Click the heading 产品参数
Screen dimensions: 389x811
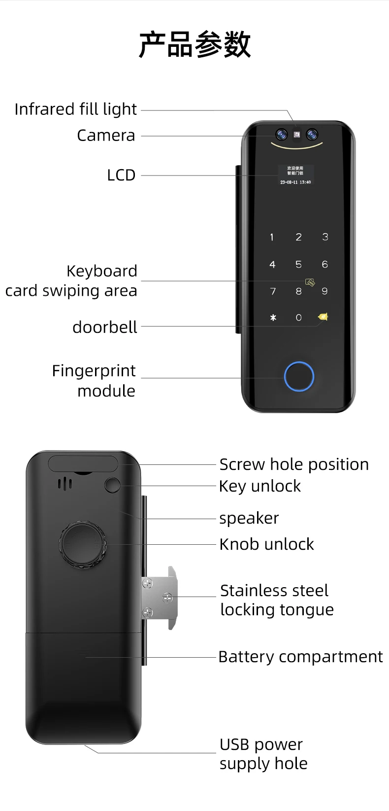point(194,45)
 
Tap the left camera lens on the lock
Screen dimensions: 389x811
point(281,134)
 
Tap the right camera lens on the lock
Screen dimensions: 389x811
point(312,134)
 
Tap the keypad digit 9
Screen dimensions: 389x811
point(324,291)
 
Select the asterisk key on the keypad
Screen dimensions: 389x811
point(273,318)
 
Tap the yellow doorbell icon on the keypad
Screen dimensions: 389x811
point(324,317)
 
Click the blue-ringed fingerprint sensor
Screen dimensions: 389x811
point(299,377)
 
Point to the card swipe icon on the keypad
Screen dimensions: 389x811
point(310,282)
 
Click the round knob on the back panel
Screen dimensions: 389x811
point(83,544)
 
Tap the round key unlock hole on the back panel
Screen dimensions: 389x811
point(112,485)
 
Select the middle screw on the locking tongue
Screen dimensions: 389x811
point(167,598)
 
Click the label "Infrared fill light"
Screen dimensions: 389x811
point(75,109)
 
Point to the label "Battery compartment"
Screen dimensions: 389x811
point(300,657)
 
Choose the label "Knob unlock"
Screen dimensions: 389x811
point(266,544)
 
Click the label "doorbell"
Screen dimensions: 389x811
point(104,327)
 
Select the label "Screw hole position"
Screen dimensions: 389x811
point(294,464)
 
